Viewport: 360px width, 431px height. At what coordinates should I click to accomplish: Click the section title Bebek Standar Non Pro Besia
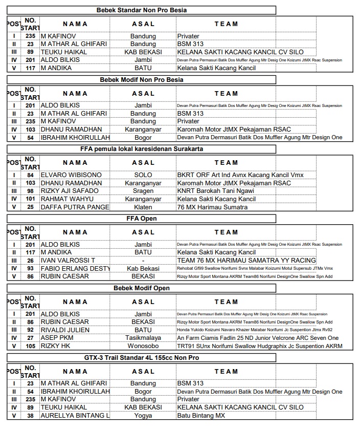click(142, 10)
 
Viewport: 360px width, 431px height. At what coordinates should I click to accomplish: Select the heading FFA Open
click(142, 219)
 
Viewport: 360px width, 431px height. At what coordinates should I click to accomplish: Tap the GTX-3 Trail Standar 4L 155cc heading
click(142, 358)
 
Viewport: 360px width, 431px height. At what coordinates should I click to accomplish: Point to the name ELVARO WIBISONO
click(71, 175)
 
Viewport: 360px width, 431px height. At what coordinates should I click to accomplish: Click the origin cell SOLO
click(143, 175)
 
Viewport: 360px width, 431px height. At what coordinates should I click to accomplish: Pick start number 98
click(30, 191)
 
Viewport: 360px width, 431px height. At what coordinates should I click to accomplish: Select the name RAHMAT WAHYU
click(67, 199)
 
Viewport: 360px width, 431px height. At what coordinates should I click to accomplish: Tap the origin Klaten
click(143, 207)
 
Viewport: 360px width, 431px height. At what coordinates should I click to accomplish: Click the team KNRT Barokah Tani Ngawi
click(216, 191)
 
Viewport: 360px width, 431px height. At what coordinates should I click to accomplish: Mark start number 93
click(30, 268)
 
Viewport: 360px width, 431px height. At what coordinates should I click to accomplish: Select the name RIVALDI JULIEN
click(69, 330)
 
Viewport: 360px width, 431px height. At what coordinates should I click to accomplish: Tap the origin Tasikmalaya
click(143, 338)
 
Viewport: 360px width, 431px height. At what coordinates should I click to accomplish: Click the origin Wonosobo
click(143, 346)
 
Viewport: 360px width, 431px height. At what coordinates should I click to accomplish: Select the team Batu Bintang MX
click(201, 416)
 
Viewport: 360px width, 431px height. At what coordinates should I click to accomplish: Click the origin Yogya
click(143, 416)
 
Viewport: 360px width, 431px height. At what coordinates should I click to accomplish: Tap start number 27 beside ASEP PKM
click(30, 338)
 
